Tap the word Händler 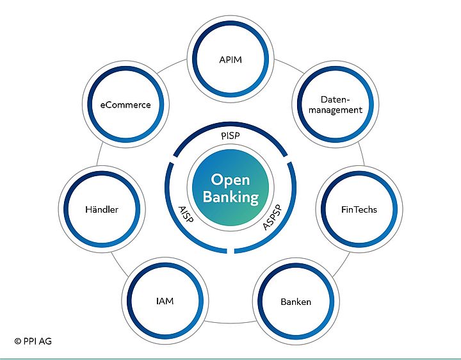(102, 209)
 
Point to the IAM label (165, 300)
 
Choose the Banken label (296, 301)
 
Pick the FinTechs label (359, 209)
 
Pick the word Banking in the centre (230, 197)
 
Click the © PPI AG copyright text (33, 341)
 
